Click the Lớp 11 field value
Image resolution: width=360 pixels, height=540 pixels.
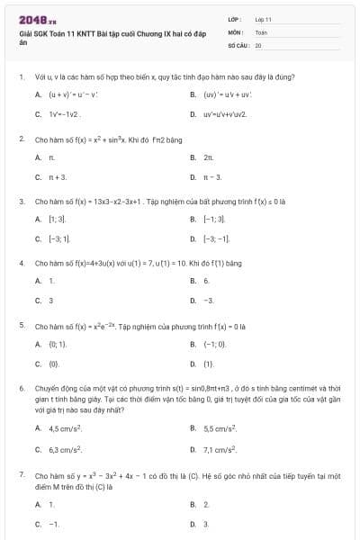pos(263,19)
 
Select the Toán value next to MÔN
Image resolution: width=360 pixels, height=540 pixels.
pos(261,31)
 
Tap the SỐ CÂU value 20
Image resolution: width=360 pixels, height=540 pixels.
pos(258,44)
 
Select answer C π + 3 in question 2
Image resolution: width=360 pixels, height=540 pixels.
pos(51,177)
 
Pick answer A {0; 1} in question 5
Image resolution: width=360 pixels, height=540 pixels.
pos(51,344)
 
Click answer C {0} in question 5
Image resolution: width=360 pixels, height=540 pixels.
pos(49,364)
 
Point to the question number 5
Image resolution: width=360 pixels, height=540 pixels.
pos(21,324)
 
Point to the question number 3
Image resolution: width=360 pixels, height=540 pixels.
pos(21,202)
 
